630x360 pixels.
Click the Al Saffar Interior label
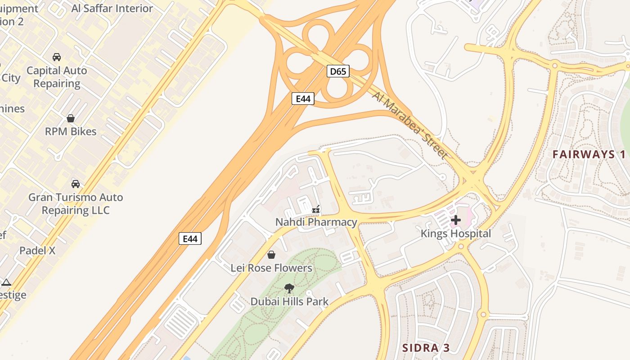pos(112,8)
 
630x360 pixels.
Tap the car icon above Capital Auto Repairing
pos(57,57)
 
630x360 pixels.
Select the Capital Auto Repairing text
pos(57,77)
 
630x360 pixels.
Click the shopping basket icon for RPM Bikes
pos(71,118)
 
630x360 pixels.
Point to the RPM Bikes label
pos(71,131)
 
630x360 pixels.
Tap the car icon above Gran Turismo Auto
pos(76,184)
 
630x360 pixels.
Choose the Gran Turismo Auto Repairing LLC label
pos(76,203)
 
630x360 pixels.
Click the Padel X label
pos(37,251)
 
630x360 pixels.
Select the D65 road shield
pos(338,71)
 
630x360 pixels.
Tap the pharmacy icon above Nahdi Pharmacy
pos(316,209)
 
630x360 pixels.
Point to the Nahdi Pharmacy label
pos(316,222)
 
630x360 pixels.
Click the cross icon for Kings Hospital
pos(456,220)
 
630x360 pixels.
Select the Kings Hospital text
pos(455,234)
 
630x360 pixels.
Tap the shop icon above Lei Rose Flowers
pos(271,255)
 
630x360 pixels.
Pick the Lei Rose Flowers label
pos(271,268)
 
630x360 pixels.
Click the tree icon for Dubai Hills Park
pos(289,288)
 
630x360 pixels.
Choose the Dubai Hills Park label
pos(289,301)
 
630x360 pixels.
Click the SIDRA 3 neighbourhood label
pos(426,348)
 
